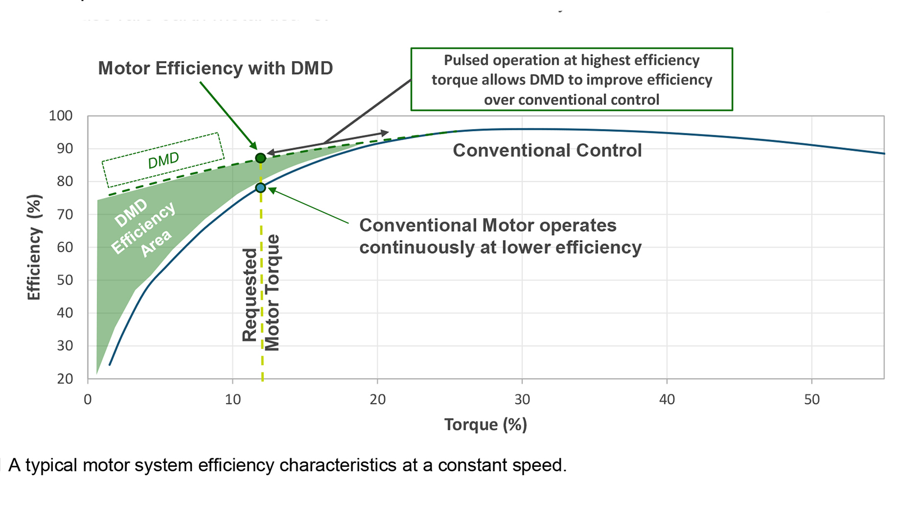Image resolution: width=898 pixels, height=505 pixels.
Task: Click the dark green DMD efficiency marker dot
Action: click(260, 158)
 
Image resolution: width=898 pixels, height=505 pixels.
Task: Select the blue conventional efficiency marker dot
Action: click(260, 187)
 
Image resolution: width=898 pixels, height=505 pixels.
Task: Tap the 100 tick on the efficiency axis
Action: click(61, 116)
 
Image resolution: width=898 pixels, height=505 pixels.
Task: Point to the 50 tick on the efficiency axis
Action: click(65, 280)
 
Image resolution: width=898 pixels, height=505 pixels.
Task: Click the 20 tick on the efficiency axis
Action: click(65, 379)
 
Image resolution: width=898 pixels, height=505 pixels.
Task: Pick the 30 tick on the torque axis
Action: click(522, 400)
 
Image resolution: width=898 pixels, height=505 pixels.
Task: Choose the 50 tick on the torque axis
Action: click(812, 400)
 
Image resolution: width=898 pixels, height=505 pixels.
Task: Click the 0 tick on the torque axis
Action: click(88, 400)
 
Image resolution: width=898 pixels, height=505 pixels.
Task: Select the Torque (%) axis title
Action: click(485, 424)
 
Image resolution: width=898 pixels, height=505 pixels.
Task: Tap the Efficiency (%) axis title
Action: click(34, 247)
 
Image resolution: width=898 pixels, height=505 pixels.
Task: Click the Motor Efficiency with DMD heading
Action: click(216, 68)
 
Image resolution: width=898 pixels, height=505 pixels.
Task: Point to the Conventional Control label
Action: click(547, 150)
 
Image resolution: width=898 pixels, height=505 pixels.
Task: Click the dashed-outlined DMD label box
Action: click(163, 160)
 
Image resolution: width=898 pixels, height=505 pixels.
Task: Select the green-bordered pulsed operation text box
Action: click(571, 80)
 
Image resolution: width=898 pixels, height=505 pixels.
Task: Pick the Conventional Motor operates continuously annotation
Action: click(500, 236)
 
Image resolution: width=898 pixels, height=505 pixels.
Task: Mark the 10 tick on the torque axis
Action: click(233, 400)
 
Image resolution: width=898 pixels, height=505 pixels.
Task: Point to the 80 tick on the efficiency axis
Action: click(65, 181)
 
